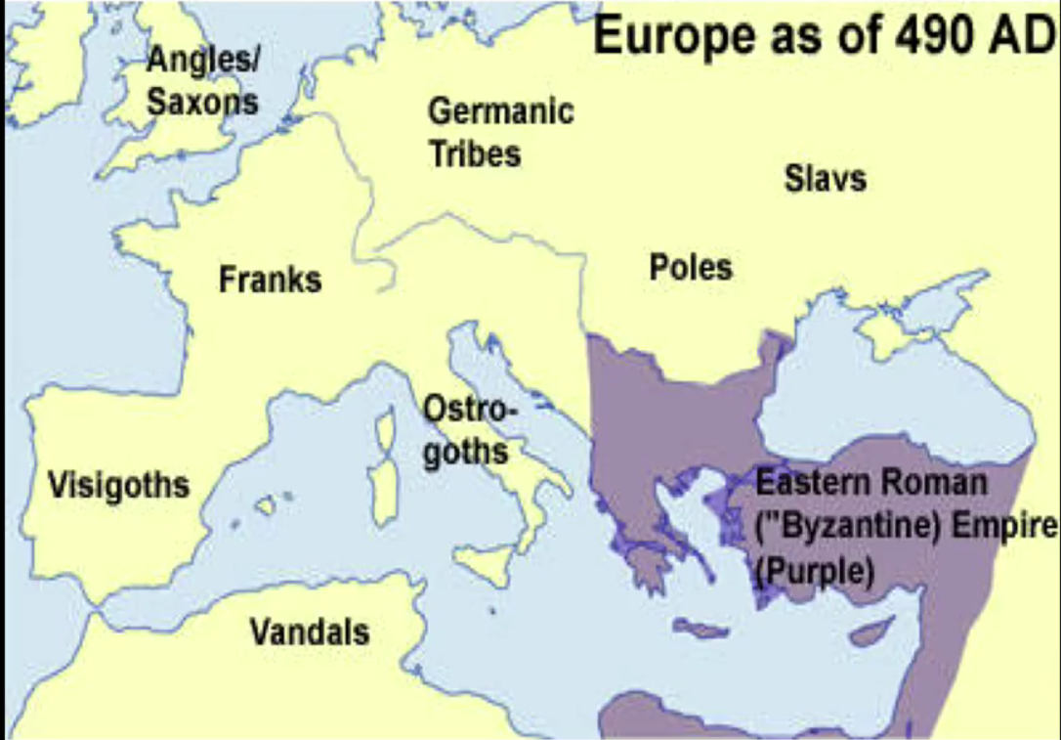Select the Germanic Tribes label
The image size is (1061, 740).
click(500, 132)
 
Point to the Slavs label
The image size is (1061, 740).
click(825, 179)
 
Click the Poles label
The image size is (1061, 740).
click(691, 267)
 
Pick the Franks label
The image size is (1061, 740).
click(270, 280)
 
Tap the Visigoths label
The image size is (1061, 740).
click(118, 484)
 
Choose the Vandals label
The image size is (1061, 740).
click(310, 631)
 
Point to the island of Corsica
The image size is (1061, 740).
click(386, 427)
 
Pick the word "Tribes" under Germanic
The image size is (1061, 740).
click(475, 153)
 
